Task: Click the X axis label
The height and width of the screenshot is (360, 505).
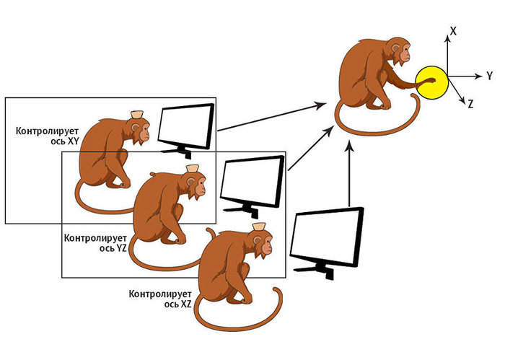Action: tap(452, 32)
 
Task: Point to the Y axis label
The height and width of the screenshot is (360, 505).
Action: tap(488, 76)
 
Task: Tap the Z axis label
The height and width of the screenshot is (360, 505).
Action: tap(470, 105)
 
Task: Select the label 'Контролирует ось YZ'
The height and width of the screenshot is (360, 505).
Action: tap(95, 242)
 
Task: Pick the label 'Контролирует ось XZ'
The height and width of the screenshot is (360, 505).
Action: tap(159, 299)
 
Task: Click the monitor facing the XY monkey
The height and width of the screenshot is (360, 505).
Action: tap(185, 128)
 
